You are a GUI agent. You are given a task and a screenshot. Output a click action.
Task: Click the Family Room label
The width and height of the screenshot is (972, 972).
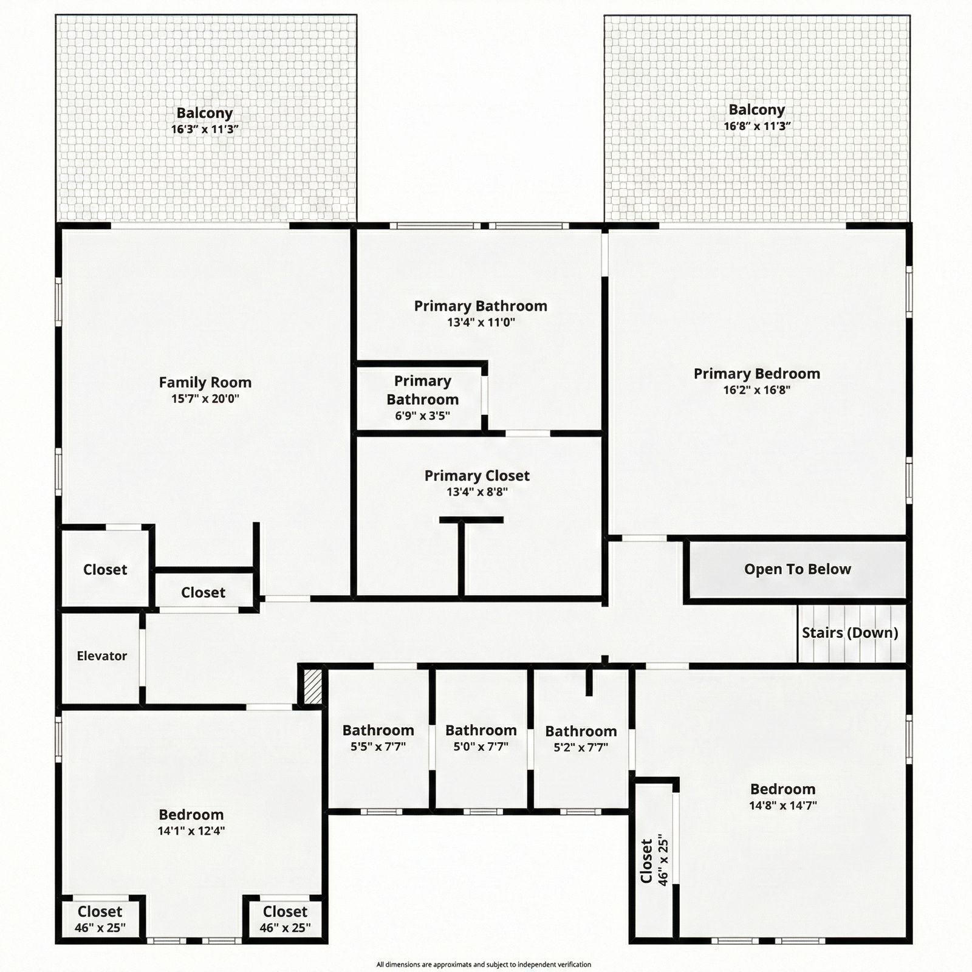(205, 382)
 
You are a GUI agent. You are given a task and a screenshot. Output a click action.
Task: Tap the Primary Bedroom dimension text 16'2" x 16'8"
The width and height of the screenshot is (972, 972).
(756, 390)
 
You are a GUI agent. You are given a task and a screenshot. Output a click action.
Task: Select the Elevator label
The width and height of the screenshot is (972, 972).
(101, 655)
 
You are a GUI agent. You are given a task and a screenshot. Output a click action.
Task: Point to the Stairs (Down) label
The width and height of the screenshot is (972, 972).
(850, 632)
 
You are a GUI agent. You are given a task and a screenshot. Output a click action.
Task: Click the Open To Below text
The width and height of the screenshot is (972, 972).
(798, 569)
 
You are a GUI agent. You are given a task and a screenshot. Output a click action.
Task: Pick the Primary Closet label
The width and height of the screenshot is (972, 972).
(477, 476)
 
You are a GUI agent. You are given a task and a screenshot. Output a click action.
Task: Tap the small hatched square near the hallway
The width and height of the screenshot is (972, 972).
(312, 687)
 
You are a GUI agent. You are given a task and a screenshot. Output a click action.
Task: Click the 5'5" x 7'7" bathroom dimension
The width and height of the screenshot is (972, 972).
(378, 747)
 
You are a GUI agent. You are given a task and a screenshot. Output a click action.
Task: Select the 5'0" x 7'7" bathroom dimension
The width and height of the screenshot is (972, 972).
(481, 747)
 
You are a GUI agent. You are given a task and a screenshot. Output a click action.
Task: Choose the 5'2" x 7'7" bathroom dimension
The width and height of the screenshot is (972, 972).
(581, 747)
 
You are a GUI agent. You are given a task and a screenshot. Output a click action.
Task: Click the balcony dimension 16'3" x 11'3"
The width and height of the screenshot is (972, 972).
(205, 129)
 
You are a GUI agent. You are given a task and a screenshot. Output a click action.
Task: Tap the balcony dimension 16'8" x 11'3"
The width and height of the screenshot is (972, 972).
(757, 126)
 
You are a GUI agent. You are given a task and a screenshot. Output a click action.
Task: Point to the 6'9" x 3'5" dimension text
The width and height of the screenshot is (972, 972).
(422, 416)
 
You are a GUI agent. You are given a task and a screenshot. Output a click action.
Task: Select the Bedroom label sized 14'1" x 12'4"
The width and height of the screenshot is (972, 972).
(191, 814)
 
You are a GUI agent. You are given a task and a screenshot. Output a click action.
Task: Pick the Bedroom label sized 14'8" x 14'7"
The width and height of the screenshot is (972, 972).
(783, 789)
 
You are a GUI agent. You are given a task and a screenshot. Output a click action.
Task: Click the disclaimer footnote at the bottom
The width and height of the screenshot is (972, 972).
(484, 964)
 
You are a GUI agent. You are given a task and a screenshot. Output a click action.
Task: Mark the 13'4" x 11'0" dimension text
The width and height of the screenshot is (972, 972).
(481, 322)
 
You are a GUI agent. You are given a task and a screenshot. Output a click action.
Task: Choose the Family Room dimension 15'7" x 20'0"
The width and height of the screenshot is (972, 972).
(205, 399)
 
